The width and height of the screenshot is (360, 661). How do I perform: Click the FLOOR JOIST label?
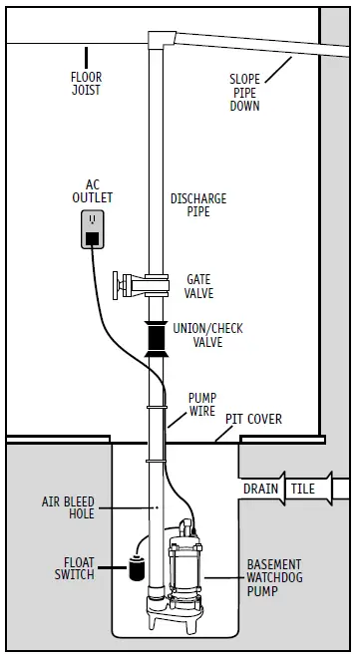pyautogui.click(x=86, y=83)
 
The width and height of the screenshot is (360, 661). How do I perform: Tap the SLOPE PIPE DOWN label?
pyautogui.click(x=244, y=92)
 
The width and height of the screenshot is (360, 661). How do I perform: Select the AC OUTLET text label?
pyautogui.click(x=92, y=190)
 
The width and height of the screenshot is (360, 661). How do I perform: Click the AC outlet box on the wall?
pyautogui.click(x=92, y=229)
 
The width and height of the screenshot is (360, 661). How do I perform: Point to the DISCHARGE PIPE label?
pyautogui.click(x=198, y=204)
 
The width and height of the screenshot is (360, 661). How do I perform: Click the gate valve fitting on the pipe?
pyautogui.click(x=138, y=285)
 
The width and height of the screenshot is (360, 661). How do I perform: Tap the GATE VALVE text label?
pyautogui.click(x=198, y=286)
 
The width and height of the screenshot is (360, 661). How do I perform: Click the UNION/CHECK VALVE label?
pyautogui.click(x=207, y=335)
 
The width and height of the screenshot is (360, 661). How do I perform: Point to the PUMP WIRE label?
pyautogui.click(x=202, y=404)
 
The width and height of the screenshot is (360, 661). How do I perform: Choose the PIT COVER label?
pyautogui.click(x=253, y=419)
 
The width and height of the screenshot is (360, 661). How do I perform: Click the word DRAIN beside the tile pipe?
pyautogui.click(x=261, y=489)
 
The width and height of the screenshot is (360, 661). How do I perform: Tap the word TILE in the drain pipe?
pyautogui.click(x=303, y=489)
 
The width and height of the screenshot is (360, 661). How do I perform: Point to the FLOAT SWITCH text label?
pyautogui.click(x=75, y=567)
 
